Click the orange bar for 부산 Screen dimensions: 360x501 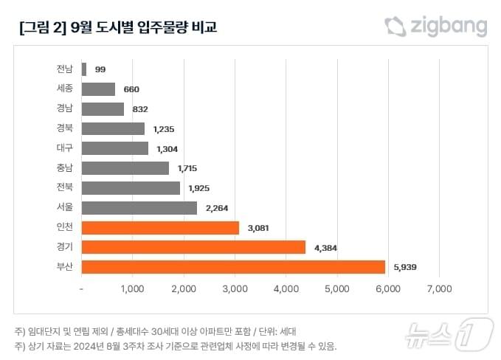coord(233,267)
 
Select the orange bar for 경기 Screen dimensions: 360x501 coord(193,247)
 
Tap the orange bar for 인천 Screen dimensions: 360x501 coord(160,228)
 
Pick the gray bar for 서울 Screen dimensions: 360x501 coord(139,208)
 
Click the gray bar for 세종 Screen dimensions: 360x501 coord(98,89)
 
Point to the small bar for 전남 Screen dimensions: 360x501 coord(84,69)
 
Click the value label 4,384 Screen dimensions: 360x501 coord(325,248)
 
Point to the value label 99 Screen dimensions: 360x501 coord(100,69)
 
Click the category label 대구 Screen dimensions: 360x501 coord(65,148)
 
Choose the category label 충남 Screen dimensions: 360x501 coord(65,168)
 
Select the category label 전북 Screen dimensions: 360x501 coord(65,188)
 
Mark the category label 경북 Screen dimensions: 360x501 coord(65,128)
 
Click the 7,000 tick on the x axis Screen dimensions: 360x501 coord(439,289)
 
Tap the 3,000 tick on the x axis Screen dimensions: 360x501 coord(235,289)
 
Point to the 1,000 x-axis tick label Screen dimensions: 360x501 coord(132,289)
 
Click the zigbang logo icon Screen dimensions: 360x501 coord(395,27)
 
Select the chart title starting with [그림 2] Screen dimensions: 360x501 coord(118,28)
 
